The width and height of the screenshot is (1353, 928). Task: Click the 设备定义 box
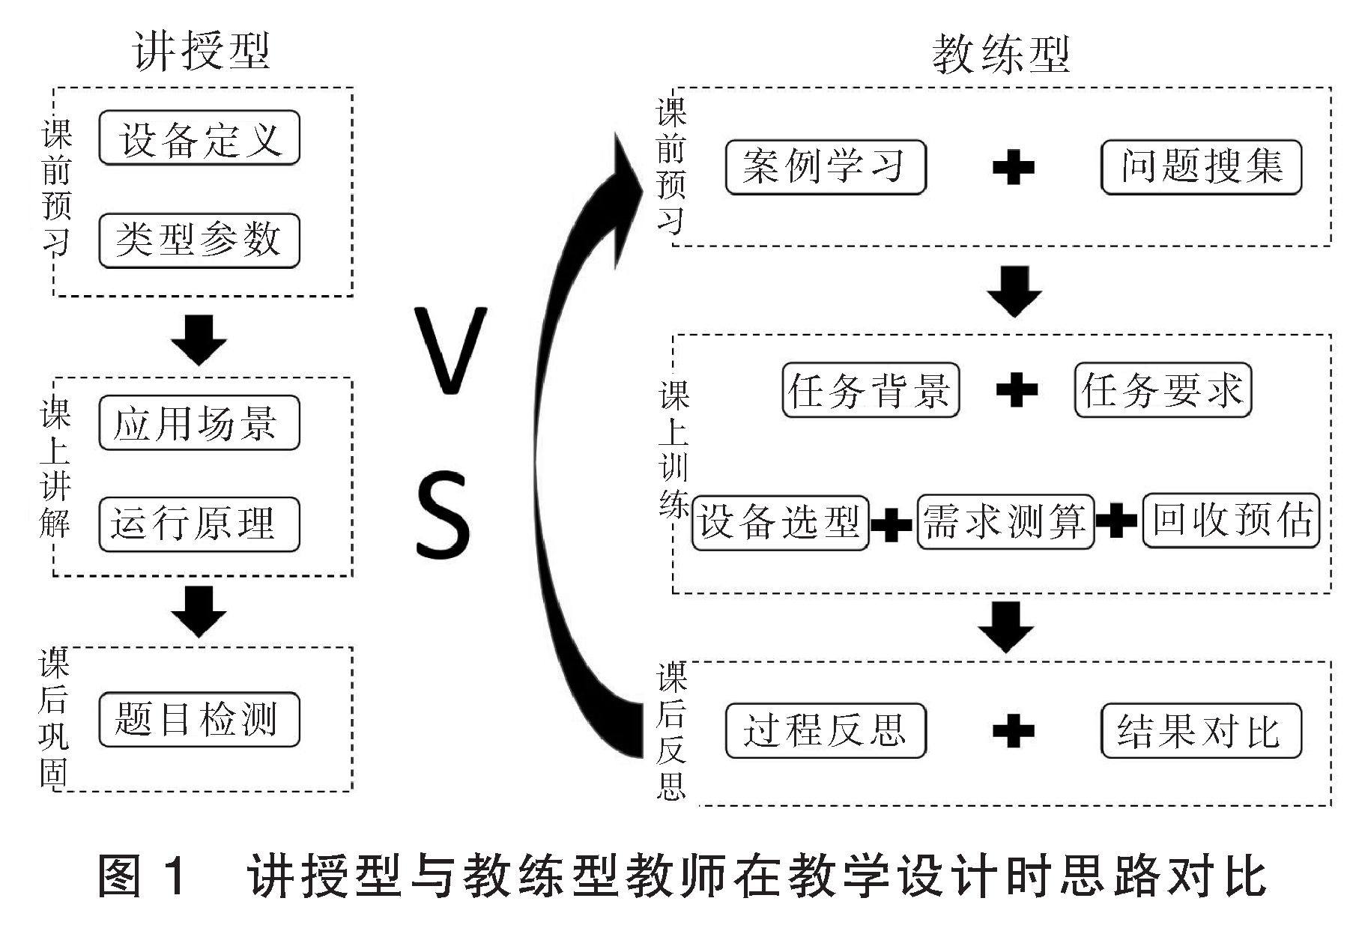(199, 139)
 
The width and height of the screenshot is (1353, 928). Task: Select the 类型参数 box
(199, 240)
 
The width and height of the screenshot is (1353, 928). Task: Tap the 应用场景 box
(199, 423)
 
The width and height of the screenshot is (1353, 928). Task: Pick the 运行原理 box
(199, 524)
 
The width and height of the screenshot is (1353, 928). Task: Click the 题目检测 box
(199, 720)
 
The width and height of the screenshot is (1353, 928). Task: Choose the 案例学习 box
(826, 167)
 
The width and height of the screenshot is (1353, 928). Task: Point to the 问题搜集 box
(1201, 167)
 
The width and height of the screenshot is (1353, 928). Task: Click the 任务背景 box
(870, 390)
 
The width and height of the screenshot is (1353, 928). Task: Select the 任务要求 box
(1163, 390)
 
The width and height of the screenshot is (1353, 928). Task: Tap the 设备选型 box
(780, 522)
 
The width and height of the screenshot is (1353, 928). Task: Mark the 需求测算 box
(1005, 522)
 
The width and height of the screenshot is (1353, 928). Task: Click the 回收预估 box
(1231, 521)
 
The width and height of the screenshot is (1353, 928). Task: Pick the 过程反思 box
(826, 730)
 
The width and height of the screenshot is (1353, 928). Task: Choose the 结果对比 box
(1201, 730)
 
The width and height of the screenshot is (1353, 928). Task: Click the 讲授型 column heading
(201, 51)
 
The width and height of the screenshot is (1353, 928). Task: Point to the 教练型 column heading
(1001, 54)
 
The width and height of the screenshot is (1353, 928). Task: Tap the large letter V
(450, 351)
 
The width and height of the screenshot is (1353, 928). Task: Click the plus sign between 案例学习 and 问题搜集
(1013, 168)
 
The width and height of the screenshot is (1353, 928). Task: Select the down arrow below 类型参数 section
(199, 339)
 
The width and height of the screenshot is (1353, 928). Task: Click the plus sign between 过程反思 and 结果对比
(1013, 730)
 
